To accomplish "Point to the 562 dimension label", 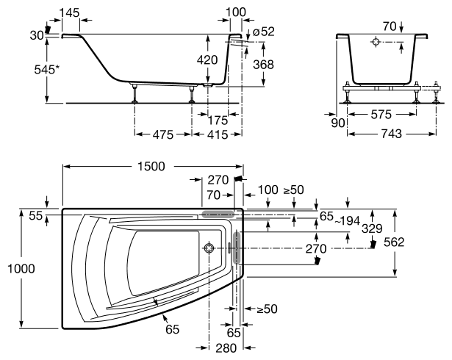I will [x=415, y=241].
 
